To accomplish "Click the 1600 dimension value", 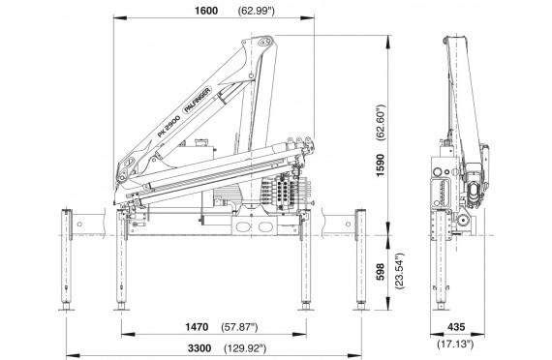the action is coord(206,11).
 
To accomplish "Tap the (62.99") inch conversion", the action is coord(257,11).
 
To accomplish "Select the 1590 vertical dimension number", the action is coord(381,165).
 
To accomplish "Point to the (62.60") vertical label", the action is coord(381,123).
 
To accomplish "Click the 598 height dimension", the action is coord(381,272).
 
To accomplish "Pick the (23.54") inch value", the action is coord(400,271).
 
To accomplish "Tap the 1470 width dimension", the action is coord(197,327).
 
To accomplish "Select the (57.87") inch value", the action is coord(239,328).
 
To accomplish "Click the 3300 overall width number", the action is coord(199,348).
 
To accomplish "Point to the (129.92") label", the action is coord(245,348).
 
